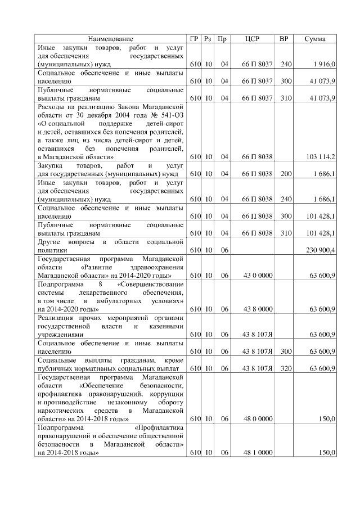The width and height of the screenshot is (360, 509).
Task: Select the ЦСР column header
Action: click(253, 39)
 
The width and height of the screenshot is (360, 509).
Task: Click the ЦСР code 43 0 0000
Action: click(258, 276)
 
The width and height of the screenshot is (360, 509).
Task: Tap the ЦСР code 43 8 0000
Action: click(258, 309)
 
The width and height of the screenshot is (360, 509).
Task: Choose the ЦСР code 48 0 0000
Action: click(258, 419)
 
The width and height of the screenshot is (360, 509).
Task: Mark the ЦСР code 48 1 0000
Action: click(258, 452)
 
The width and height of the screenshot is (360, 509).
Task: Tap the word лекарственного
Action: click(91, 292)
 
